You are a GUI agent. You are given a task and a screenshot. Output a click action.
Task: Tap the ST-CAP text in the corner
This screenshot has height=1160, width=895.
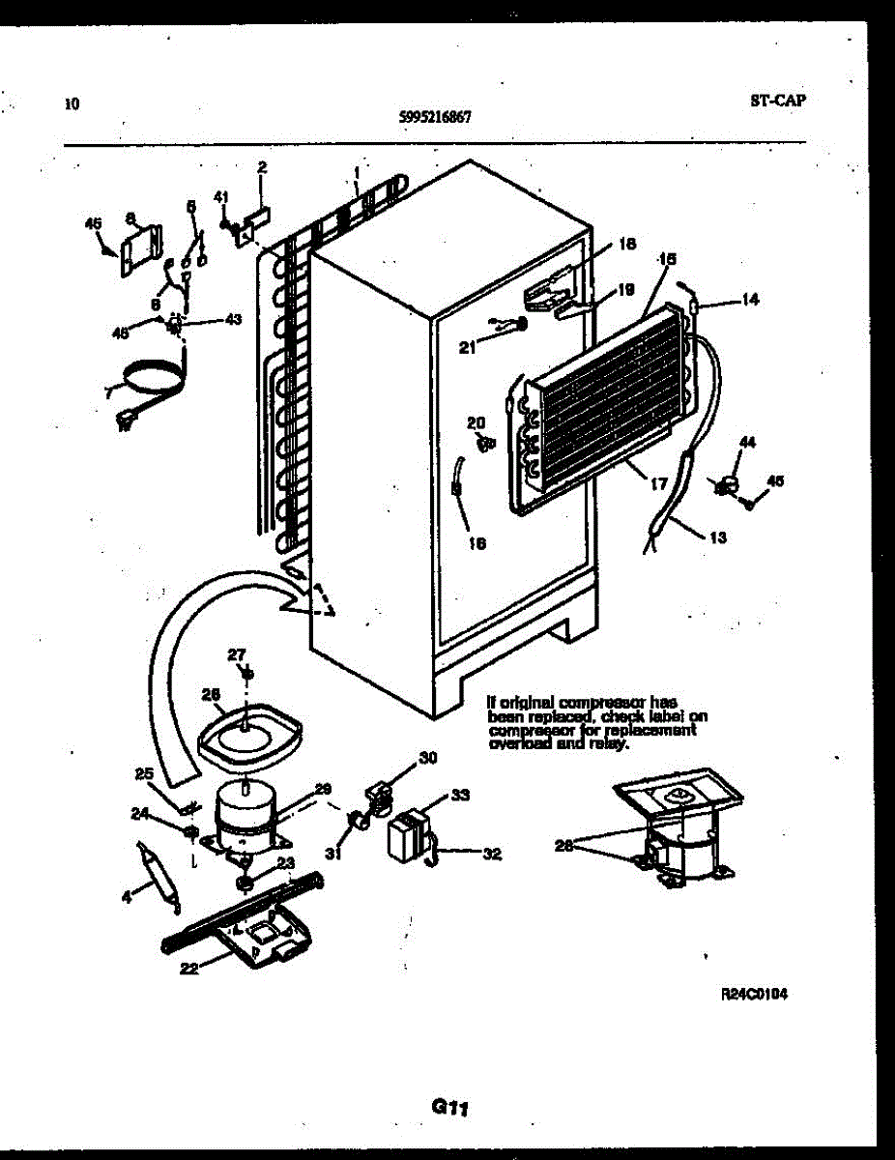tap(777, 100)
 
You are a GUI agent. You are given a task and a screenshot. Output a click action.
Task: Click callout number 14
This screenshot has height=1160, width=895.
tap(750, 300)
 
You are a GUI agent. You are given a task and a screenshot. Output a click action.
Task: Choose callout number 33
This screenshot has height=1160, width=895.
tap(460, 795)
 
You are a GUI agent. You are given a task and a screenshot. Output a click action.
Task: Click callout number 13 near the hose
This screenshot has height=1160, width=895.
tap(718, 537)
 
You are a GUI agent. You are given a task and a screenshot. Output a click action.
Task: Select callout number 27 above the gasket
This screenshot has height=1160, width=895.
tap(238, 654)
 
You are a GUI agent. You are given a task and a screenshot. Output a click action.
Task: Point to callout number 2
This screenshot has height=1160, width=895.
tap(261, 167)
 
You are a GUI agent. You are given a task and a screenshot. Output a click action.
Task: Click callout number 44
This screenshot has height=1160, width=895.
tap(746, 442)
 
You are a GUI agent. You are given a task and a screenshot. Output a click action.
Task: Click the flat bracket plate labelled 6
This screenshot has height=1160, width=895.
tap(142, 249)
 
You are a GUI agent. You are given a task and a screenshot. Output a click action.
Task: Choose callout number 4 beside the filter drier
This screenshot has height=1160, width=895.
tap(127, 898)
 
